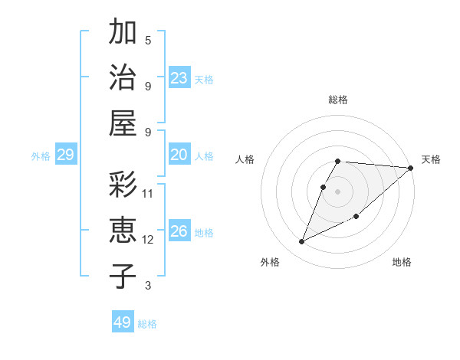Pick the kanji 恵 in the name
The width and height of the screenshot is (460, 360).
point(123,231)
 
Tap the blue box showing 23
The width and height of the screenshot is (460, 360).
point(179,78)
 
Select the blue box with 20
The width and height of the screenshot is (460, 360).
point(179,155)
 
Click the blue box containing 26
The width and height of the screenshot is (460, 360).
point(179,232)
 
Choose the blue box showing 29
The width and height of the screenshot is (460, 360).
point(65,155)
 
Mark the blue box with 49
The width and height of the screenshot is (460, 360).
point(123,322)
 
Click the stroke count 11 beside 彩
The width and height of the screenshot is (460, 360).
point(148,193)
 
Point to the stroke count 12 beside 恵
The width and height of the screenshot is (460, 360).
point(148,240)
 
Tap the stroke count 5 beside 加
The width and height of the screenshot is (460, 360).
point(148,40)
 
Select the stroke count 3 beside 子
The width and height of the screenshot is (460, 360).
point(148,286)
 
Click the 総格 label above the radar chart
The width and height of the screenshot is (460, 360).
point(338,100)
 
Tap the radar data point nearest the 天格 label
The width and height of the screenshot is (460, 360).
point(410,168)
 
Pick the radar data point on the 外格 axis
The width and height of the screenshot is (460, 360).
point(302,242)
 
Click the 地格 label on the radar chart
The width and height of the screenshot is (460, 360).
point(402,263)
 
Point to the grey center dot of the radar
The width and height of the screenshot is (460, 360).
point(338,191)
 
